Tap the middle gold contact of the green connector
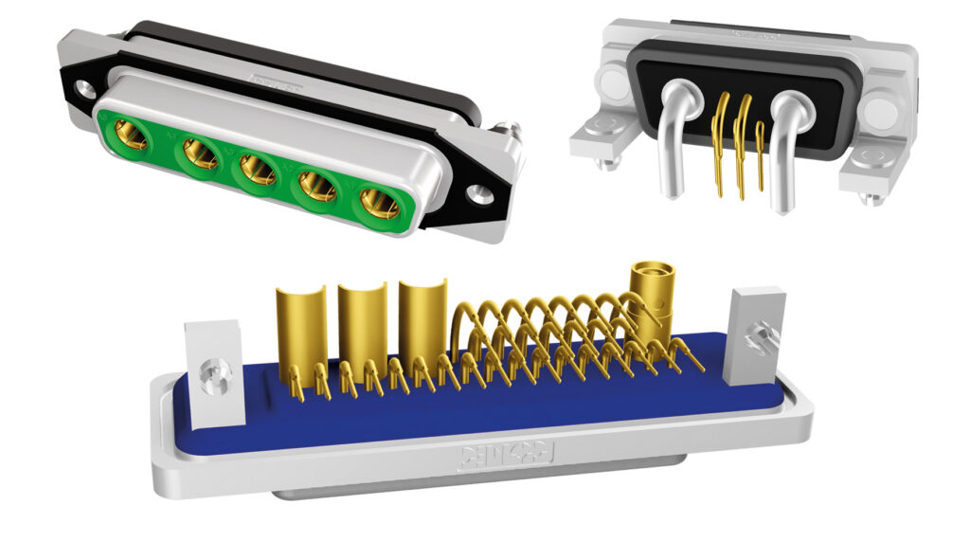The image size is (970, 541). click(x=258, y=169)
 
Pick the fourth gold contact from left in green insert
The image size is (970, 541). click(x=318, y=185)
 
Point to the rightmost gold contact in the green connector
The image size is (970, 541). click(x=381, y=202)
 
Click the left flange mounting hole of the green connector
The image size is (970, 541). click(x=83, y=93)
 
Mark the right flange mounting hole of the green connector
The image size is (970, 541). click(x=482, y=196)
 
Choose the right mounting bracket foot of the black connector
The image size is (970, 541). click(x=869, y=176)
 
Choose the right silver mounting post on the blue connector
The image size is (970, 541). click(x=754, y=336)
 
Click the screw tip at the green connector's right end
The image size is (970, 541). click(x=510, y=125)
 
